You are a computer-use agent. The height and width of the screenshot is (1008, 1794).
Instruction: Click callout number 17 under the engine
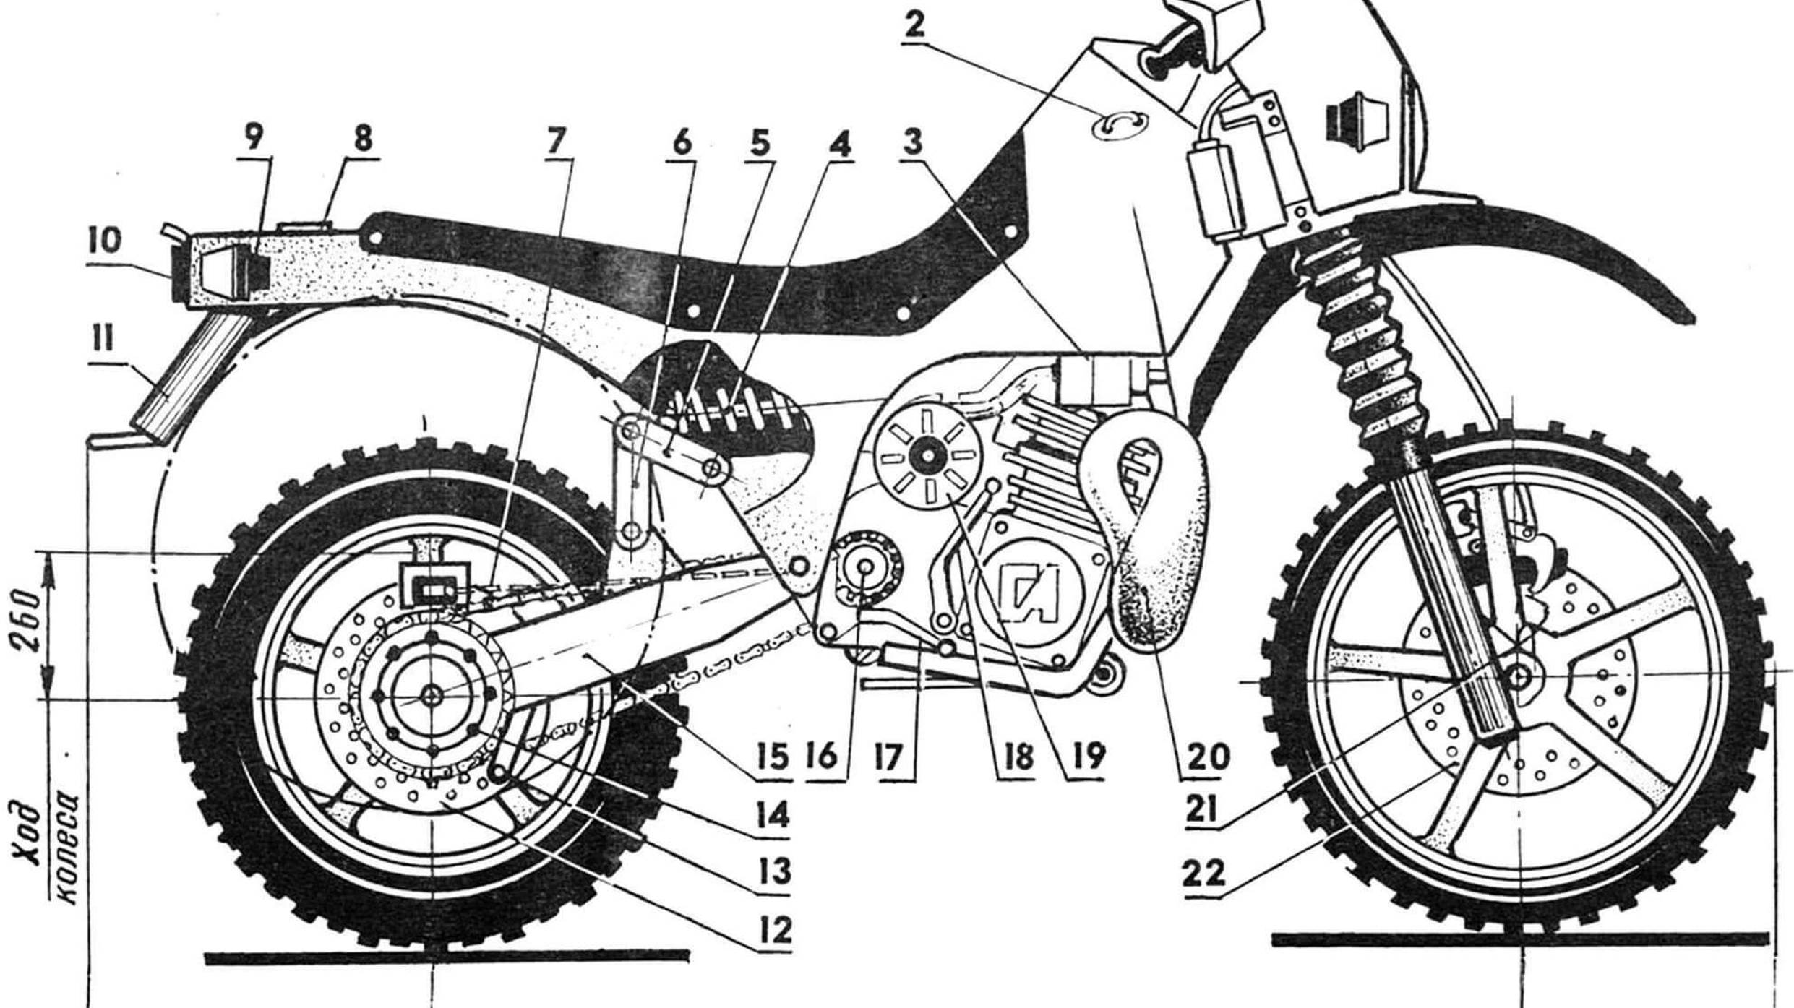click(888, 757)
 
